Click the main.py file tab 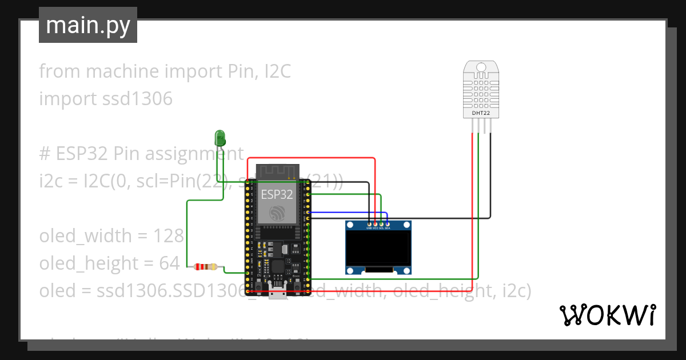pyautogui.click(x=87, y=25)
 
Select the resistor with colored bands pyautogui.click(x=205, y=266)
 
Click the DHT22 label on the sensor pyautogui.click(x=480, y=113)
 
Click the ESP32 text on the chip pyautogui.click(x=277, y=194)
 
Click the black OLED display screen pyautogui.click(x=378, y=248)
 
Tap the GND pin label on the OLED pyautogui.click(x=369, y=228)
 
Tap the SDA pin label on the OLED pyautogui.click(x=388, y=228)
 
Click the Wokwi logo pyautogui.click(x=607, y=315)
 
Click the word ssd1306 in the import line pyautogui.click(x=137, y=99)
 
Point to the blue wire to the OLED pyautogui.click(x=349, y=213)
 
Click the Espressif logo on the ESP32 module pyautogui.click(x=277, y=213)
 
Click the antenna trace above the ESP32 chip pyautogui.click(x=277, y=171)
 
